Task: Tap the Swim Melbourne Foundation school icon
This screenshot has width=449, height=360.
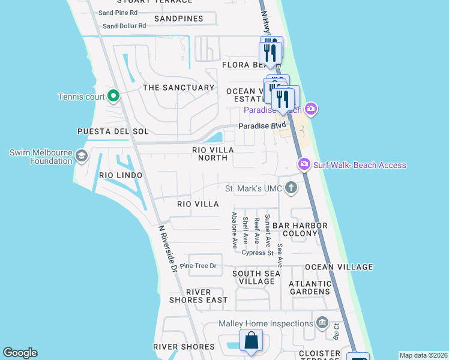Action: [x=81, y=157]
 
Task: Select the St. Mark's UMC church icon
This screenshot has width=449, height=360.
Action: [x=291, y=188]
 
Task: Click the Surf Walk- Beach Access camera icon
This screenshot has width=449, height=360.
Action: [x=304, y=164]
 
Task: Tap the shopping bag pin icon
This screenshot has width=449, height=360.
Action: [x=252, y=341]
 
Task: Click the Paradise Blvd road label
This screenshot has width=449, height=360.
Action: [x=262, y=126]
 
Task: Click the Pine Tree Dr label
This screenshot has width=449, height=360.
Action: [x=197, y=266]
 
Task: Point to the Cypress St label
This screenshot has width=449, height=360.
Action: [x=258, y=253]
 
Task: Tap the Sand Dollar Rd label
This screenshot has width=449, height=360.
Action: [x=124, y=26]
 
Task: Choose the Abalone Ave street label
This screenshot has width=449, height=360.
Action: [x=235, y=230]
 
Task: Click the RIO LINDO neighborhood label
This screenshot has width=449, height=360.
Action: [x=121, y=175]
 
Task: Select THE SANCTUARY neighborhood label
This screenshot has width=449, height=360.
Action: [x=178, y=88]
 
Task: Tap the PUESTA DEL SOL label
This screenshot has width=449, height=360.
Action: [x=113, y=131]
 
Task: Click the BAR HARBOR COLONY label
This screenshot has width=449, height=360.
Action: [x=300, y=229]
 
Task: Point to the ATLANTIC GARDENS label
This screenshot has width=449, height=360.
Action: [x=310, y=287]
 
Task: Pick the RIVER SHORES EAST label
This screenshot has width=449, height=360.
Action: [x=206, y=296]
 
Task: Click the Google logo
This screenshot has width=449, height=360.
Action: [x=20, y=353]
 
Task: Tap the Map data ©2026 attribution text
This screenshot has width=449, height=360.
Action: [x=423, y=355]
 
